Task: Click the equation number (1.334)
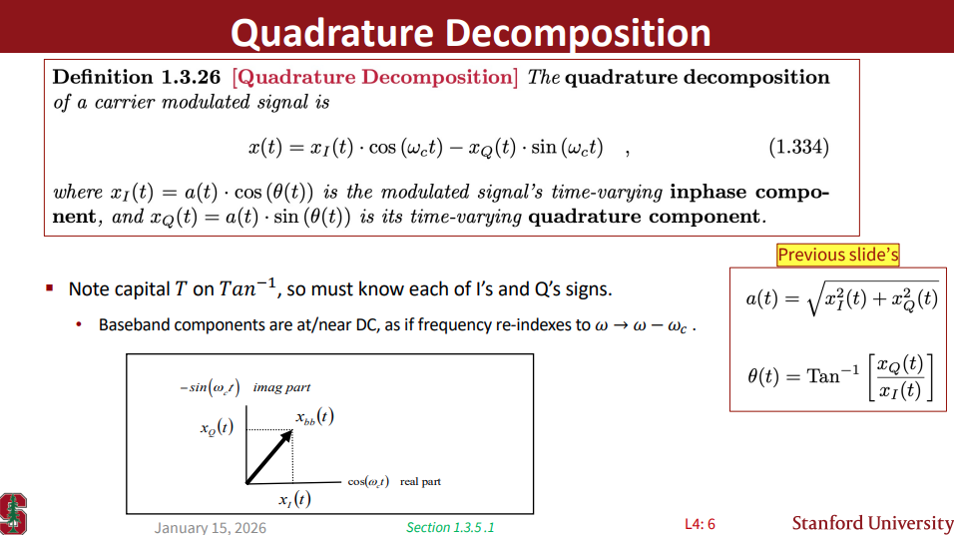click(797, 148)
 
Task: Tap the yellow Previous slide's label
click(838, 255)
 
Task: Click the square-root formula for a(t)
click(841, 297)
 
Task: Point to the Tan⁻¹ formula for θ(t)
click(840, 376)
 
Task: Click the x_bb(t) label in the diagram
click(314, 417)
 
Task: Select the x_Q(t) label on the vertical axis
click(217, 429)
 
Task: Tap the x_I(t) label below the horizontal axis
click(293, 499)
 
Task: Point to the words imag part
click(281, 387)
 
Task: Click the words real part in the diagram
click(420, 482)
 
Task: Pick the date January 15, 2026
click(210, 527)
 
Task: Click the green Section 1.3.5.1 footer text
click(450, 527)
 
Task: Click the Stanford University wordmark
click(872, 523)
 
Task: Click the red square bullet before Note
click(49, 288)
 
